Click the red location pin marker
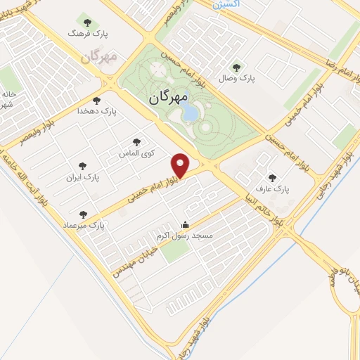pos(181,165)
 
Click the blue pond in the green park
pos(190,113)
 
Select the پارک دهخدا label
pos(98,111)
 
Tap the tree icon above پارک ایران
pos(84,166)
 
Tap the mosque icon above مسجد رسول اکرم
pos(186,225)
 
